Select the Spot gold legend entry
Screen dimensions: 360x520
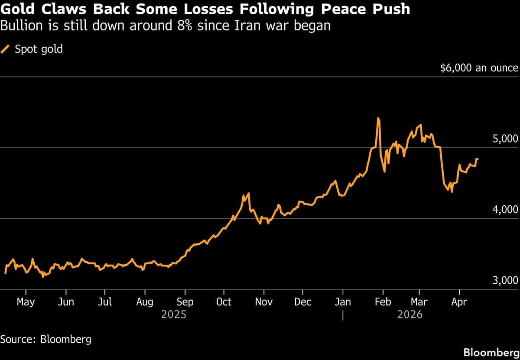(x=39, y=49)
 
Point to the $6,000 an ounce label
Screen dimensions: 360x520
(x=479, y=68)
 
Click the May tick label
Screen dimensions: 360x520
(x=26, y=302)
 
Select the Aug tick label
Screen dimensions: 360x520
(x=145, y=302)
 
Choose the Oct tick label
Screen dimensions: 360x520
(x=224, y=302)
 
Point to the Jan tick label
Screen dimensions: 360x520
(x=343, y=302)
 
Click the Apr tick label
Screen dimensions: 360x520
(x=459, y=302)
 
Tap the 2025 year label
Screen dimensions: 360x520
(x=173, y=314)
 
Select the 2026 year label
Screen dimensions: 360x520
(x=409, y=314)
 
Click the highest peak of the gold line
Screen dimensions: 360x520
(x=378, y=118)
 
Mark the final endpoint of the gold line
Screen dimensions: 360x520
(x=478, y=159)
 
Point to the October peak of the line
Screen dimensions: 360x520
(x=248, y=193)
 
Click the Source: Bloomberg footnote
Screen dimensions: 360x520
(x=46, y=339)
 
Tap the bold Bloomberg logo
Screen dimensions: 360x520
(x=491, y=352)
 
